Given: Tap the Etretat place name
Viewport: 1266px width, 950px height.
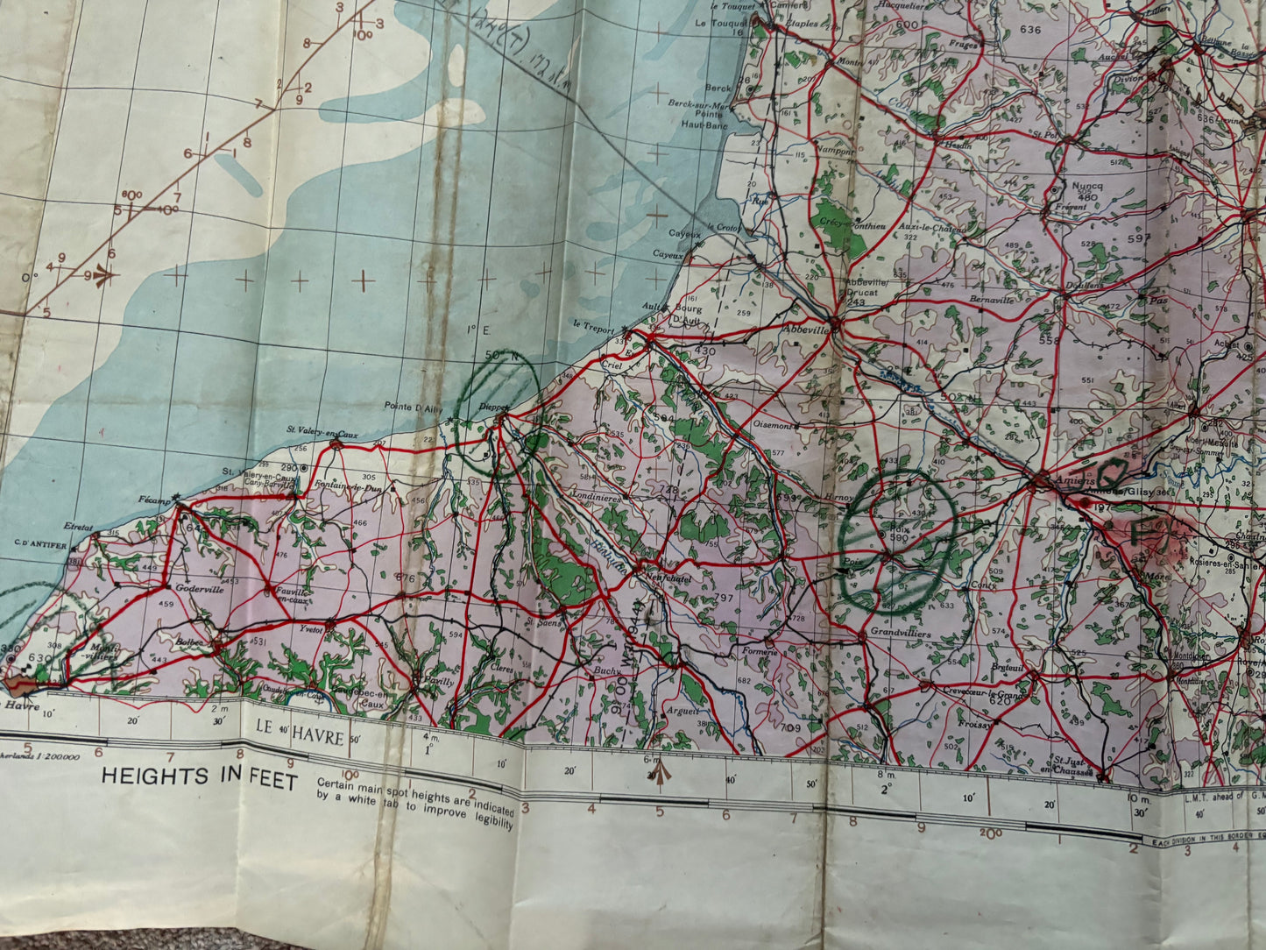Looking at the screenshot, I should (x=78, y=527).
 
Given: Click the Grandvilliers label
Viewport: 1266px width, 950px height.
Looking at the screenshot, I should (x=876, y=632).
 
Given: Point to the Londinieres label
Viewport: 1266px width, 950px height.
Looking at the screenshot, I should (x=598, y=498).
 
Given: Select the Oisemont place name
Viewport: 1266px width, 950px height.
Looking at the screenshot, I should (x=773, y=425).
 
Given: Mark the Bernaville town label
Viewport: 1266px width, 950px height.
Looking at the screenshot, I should (x=992, y=300).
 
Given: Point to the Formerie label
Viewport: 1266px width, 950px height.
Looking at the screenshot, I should (x=759, y=651).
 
